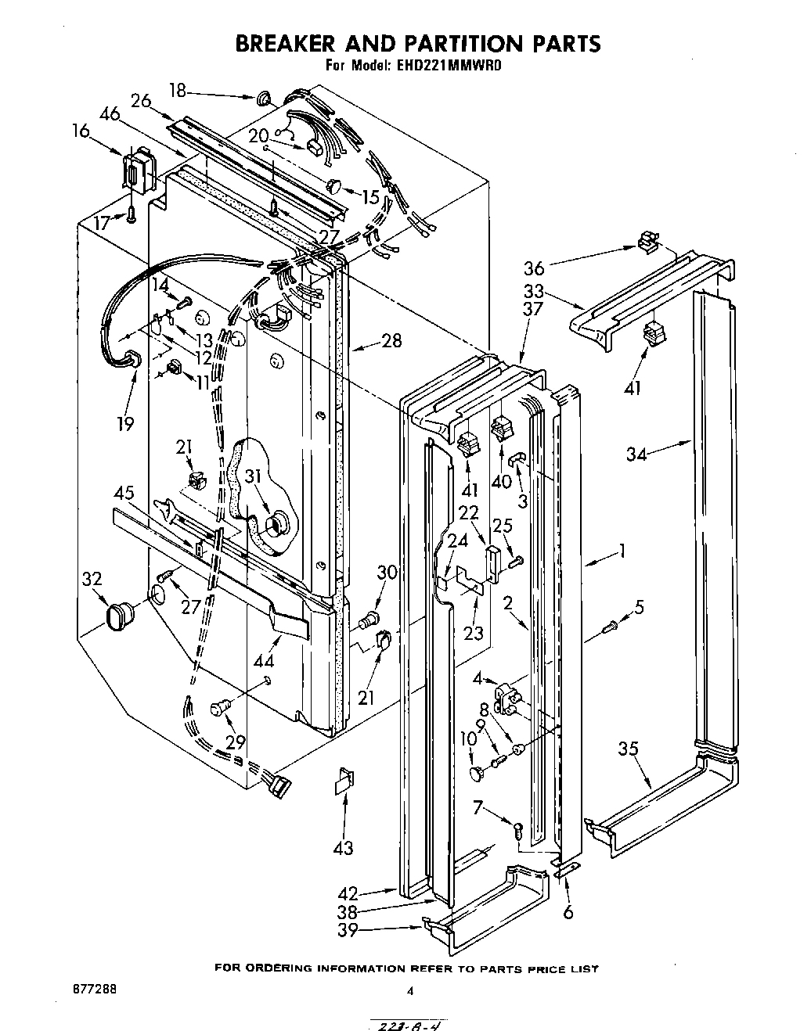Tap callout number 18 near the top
click(x=178, y=91)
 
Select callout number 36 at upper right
click(x=534, y=268)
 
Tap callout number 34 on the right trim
click(x=637, y=454)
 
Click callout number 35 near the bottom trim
click(x=628, y=749)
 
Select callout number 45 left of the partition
click(x=124, y=494)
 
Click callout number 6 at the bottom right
click(x=568, y=911)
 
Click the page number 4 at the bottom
click(x=409, y=991)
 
